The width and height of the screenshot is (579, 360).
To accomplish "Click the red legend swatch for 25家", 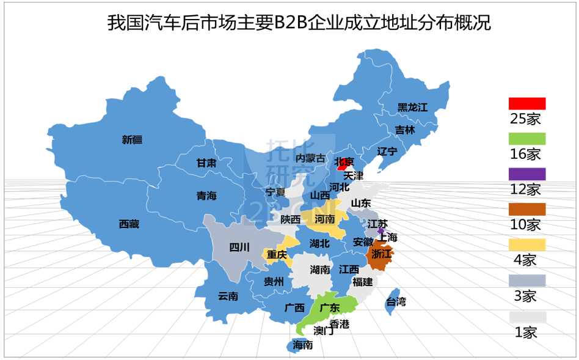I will pos(527,103).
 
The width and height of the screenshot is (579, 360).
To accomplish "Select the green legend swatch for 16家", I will pos(527,139).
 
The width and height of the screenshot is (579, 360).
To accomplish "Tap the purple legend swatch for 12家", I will pos(527,174).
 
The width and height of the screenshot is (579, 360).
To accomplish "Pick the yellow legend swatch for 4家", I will pos(527,244).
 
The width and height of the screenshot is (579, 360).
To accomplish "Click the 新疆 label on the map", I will pos(132,139).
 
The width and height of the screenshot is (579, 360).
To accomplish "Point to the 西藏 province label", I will pos(129,224).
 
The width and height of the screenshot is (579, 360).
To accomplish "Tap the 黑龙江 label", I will pos(413,108).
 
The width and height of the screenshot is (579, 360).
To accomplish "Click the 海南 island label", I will pos(303,345).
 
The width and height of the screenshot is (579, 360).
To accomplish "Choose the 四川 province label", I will pos(239,248).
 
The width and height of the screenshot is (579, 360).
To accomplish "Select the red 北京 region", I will pos(344,163).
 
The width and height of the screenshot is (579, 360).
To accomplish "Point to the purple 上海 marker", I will pos(381,232).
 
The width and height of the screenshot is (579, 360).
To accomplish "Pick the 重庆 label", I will pos(277,254).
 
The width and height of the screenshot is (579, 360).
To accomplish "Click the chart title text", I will pos(299,23).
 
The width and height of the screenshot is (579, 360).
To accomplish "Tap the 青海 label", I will pos(206,196).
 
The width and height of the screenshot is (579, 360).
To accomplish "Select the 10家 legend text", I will pos(525,225).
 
